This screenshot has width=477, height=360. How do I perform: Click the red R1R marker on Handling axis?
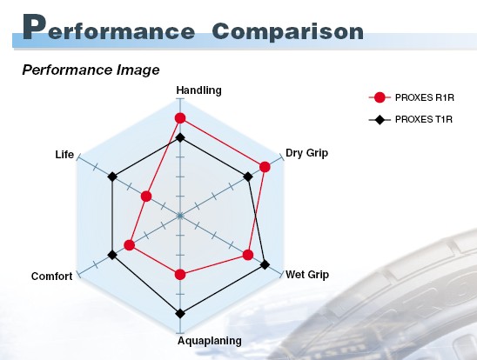click(180, 118)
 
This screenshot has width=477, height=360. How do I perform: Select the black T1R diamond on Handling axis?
click(180, 137)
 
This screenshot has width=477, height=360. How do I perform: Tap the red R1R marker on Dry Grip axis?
click(265, 167)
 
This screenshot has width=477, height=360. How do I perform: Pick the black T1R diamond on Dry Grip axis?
click(248, 177)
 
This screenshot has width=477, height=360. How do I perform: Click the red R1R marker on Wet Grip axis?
click(248, 255)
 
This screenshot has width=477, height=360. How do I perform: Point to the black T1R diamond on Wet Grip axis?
click(265, 264)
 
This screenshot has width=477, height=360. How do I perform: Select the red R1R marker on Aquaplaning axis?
click(180, 274)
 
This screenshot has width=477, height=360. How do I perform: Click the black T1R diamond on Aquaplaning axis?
click(180, 313)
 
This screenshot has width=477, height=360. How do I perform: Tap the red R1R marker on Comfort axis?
click(130, 245)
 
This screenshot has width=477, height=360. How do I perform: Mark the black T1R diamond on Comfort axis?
click(112, 255)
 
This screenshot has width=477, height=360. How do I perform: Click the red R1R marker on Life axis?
click(146, 197)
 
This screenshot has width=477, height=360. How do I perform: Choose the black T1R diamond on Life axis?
click(112, 177)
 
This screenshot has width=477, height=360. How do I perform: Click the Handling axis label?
click(199, 90)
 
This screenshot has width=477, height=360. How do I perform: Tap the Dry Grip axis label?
click(307, 153)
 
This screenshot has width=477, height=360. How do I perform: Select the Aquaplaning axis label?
click(210, 341)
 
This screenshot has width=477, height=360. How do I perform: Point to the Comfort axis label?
click(51, 277)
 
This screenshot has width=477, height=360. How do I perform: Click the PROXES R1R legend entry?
click(412, 97)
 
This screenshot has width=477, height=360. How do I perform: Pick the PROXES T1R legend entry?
click(410, 119)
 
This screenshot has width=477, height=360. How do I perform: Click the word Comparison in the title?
click(288, 31)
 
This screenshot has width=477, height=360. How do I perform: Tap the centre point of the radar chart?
click(180, 216)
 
